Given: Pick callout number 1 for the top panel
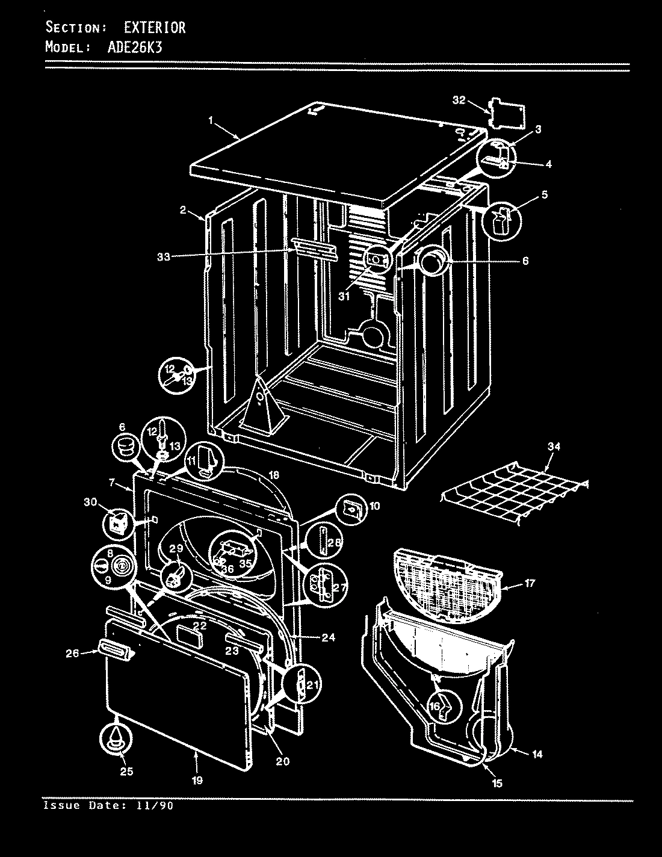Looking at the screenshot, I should [x=211, y=120].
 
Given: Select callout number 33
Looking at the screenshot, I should [x=164, y=256].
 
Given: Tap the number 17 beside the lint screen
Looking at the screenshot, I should [x=529, y=583].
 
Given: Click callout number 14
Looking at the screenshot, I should [x=537, y=753].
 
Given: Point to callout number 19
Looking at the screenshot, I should [x=197, y=781].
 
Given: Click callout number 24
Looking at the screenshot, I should [x=329, y=637].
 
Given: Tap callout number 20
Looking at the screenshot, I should [x=282, y=761].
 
